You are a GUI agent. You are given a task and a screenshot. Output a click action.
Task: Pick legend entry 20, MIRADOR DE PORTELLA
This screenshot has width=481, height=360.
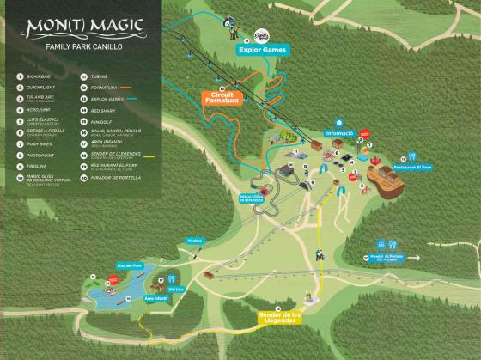(113, 177)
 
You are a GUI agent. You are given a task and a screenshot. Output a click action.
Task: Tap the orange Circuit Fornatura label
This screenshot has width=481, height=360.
(221, 98)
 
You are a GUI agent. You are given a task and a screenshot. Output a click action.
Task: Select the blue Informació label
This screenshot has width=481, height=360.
(339, 133)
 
